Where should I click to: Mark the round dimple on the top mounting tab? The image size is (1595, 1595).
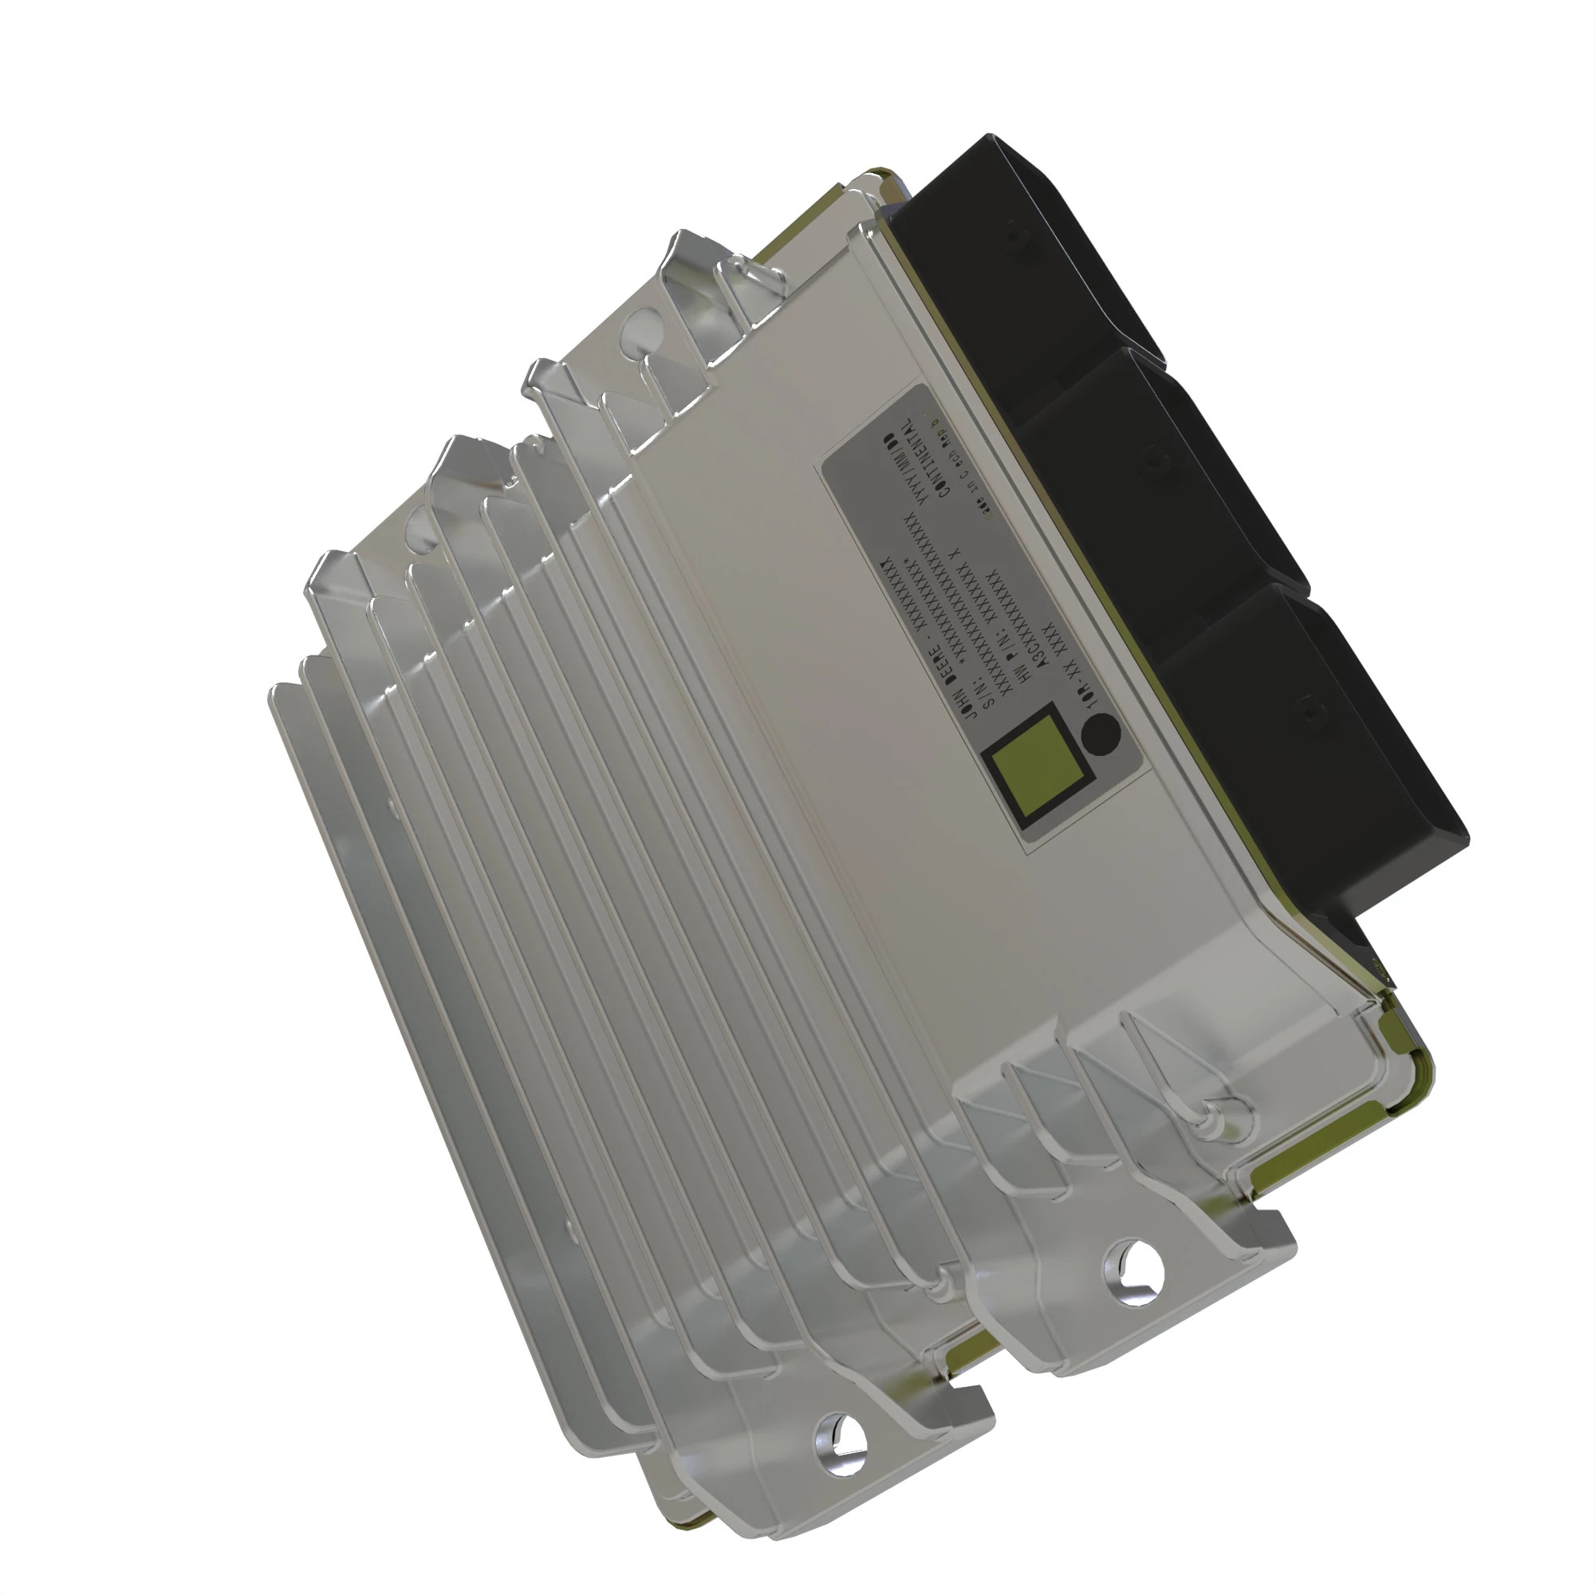coord(639,338)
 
